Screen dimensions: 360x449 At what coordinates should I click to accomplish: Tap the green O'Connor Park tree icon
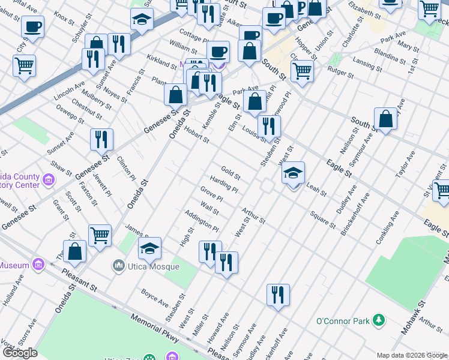[x=378, y=320]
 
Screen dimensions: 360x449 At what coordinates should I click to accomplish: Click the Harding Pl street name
[x=224, y=185]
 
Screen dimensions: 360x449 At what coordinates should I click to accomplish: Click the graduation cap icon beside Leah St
[x=293, y=173]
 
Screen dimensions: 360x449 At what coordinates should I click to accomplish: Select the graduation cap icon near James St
[x=150, y=248]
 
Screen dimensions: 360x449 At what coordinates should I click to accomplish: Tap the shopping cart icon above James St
[x=100, y=235]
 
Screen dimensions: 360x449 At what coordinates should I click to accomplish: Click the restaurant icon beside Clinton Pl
[x=101, y=139]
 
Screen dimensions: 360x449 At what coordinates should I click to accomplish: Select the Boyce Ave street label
[x=154, y=298]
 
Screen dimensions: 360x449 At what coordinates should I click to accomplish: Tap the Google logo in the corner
[x=20, y=353]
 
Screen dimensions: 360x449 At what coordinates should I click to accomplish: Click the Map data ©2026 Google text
[x=411, y=355]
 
